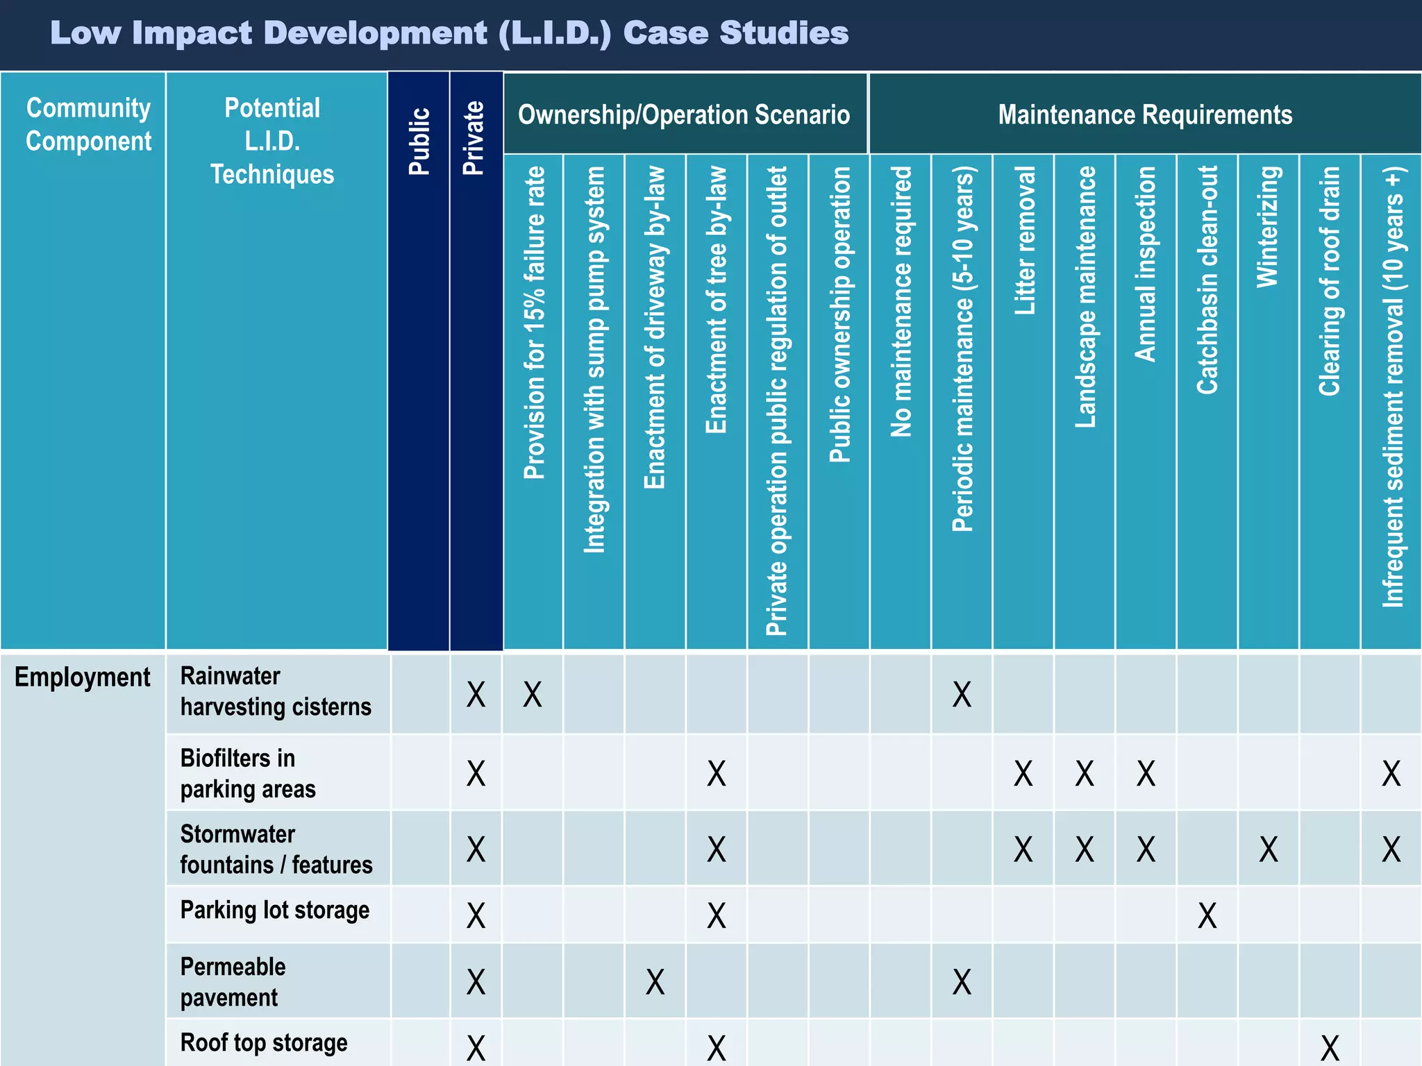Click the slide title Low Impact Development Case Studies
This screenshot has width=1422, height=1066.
[x=449, y=33]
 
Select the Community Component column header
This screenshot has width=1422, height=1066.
[x=88, y=125]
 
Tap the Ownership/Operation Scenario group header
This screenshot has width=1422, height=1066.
[x=684, y=115]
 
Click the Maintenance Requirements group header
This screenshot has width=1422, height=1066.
[x=1145, y=115]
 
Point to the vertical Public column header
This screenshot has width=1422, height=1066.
[x=419, y=141]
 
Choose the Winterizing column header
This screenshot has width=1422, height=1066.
[x=1268, y=226]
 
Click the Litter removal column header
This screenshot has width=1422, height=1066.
[x=1024, y=240]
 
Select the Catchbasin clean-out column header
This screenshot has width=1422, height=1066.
[x=1207, y=280]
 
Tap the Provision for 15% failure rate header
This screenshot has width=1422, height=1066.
[x=534, y=323]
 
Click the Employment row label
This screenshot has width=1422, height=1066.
[x=82, y=677]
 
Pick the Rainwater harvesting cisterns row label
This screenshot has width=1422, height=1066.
[x=276, y=691]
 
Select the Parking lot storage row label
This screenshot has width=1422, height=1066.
[x=275, y=910]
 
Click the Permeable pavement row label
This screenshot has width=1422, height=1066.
[x=233, y=982]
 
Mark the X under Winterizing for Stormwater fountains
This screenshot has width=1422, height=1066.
[x=1269, y=849]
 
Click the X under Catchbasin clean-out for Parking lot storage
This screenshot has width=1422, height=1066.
[x=1207, y=916]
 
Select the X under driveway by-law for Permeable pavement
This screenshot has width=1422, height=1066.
[x=655, y=982]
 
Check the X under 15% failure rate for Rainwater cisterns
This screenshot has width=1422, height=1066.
[x=533, y=694]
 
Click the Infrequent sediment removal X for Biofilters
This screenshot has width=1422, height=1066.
[x=1391, y=773]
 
